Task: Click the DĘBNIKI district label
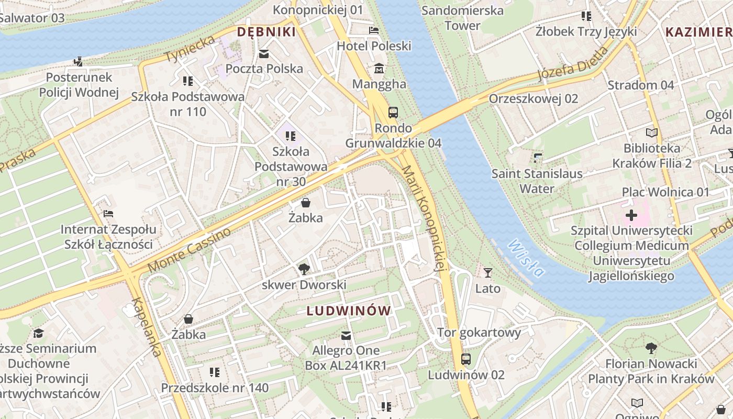(x=266, y=32)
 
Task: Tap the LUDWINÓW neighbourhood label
(x=349, y=311)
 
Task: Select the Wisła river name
(x=526, y=257)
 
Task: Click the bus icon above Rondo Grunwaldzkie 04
(x=393, y=112)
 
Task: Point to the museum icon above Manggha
(x=379, y=69)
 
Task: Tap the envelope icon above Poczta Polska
(x=263, y=53)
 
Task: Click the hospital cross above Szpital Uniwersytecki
(x=631, y=215)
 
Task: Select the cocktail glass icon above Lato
(x=488, y=273)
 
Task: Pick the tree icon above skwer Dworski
(x=304, y=269)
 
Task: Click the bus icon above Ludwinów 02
(x=465, y=359)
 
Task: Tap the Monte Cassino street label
(x=189, y=250)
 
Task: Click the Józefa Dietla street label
(x=573, y=64)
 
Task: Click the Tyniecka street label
(x=190, y=49)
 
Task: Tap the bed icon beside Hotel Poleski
(x=373, y=30)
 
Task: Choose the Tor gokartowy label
(x=479, y=333)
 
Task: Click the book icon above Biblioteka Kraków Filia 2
(x=651, y=133)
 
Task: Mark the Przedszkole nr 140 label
(x=215, y=388)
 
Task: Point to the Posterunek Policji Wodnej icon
(x=79, y=62)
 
